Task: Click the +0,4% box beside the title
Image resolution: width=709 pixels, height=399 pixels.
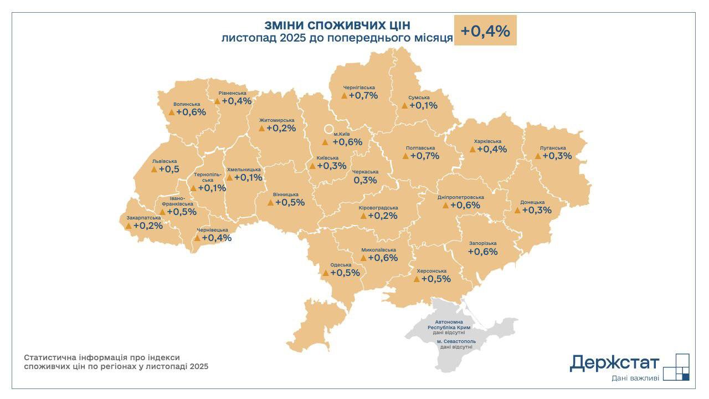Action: click(x=485, y=31)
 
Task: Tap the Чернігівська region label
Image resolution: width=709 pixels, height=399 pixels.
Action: click(x=359, y=88)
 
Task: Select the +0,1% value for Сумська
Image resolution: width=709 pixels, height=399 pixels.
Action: click(x=424, y=105)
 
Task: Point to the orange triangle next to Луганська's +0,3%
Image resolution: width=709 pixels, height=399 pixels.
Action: click(x=538, y=156)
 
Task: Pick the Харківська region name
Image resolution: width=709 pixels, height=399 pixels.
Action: click(x=487, y=141)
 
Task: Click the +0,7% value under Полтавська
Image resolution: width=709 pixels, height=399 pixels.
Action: click(x=425, y=156)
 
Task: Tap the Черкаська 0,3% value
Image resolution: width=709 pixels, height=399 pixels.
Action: click(x=365, y=180)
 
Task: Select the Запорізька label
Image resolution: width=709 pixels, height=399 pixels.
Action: click(x=482, y=243)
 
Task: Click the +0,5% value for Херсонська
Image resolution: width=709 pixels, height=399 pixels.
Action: click(x=436, y=279)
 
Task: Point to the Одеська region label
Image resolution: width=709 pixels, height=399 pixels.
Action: click(x=340, y=265)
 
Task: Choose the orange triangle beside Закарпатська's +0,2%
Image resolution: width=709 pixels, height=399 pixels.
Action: click(x=129, y=226)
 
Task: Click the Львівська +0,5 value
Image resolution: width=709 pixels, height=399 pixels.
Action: click(x=169, y=170)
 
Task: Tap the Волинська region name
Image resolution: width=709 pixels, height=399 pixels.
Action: click(x=186, y=104)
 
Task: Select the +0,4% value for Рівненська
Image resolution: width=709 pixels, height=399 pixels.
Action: click(x=237, y=101)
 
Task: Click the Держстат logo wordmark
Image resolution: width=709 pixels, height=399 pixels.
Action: click(x=614, y=363)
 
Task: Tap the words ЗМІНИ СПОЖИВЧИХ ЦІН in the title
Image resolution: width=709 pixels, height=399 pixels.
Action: click(x=337, y=25)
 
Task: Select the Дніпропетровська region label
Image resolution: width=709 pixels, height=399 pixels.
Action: click(x=460, y=197)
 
